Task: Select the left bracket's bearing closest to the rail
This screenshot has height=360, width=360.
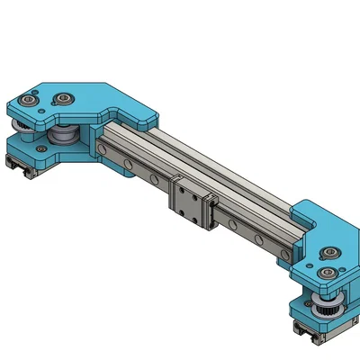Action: (x=66, y=98)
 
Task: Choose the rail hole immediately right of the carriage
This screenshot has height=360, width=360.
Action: (x=232, y=223)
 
